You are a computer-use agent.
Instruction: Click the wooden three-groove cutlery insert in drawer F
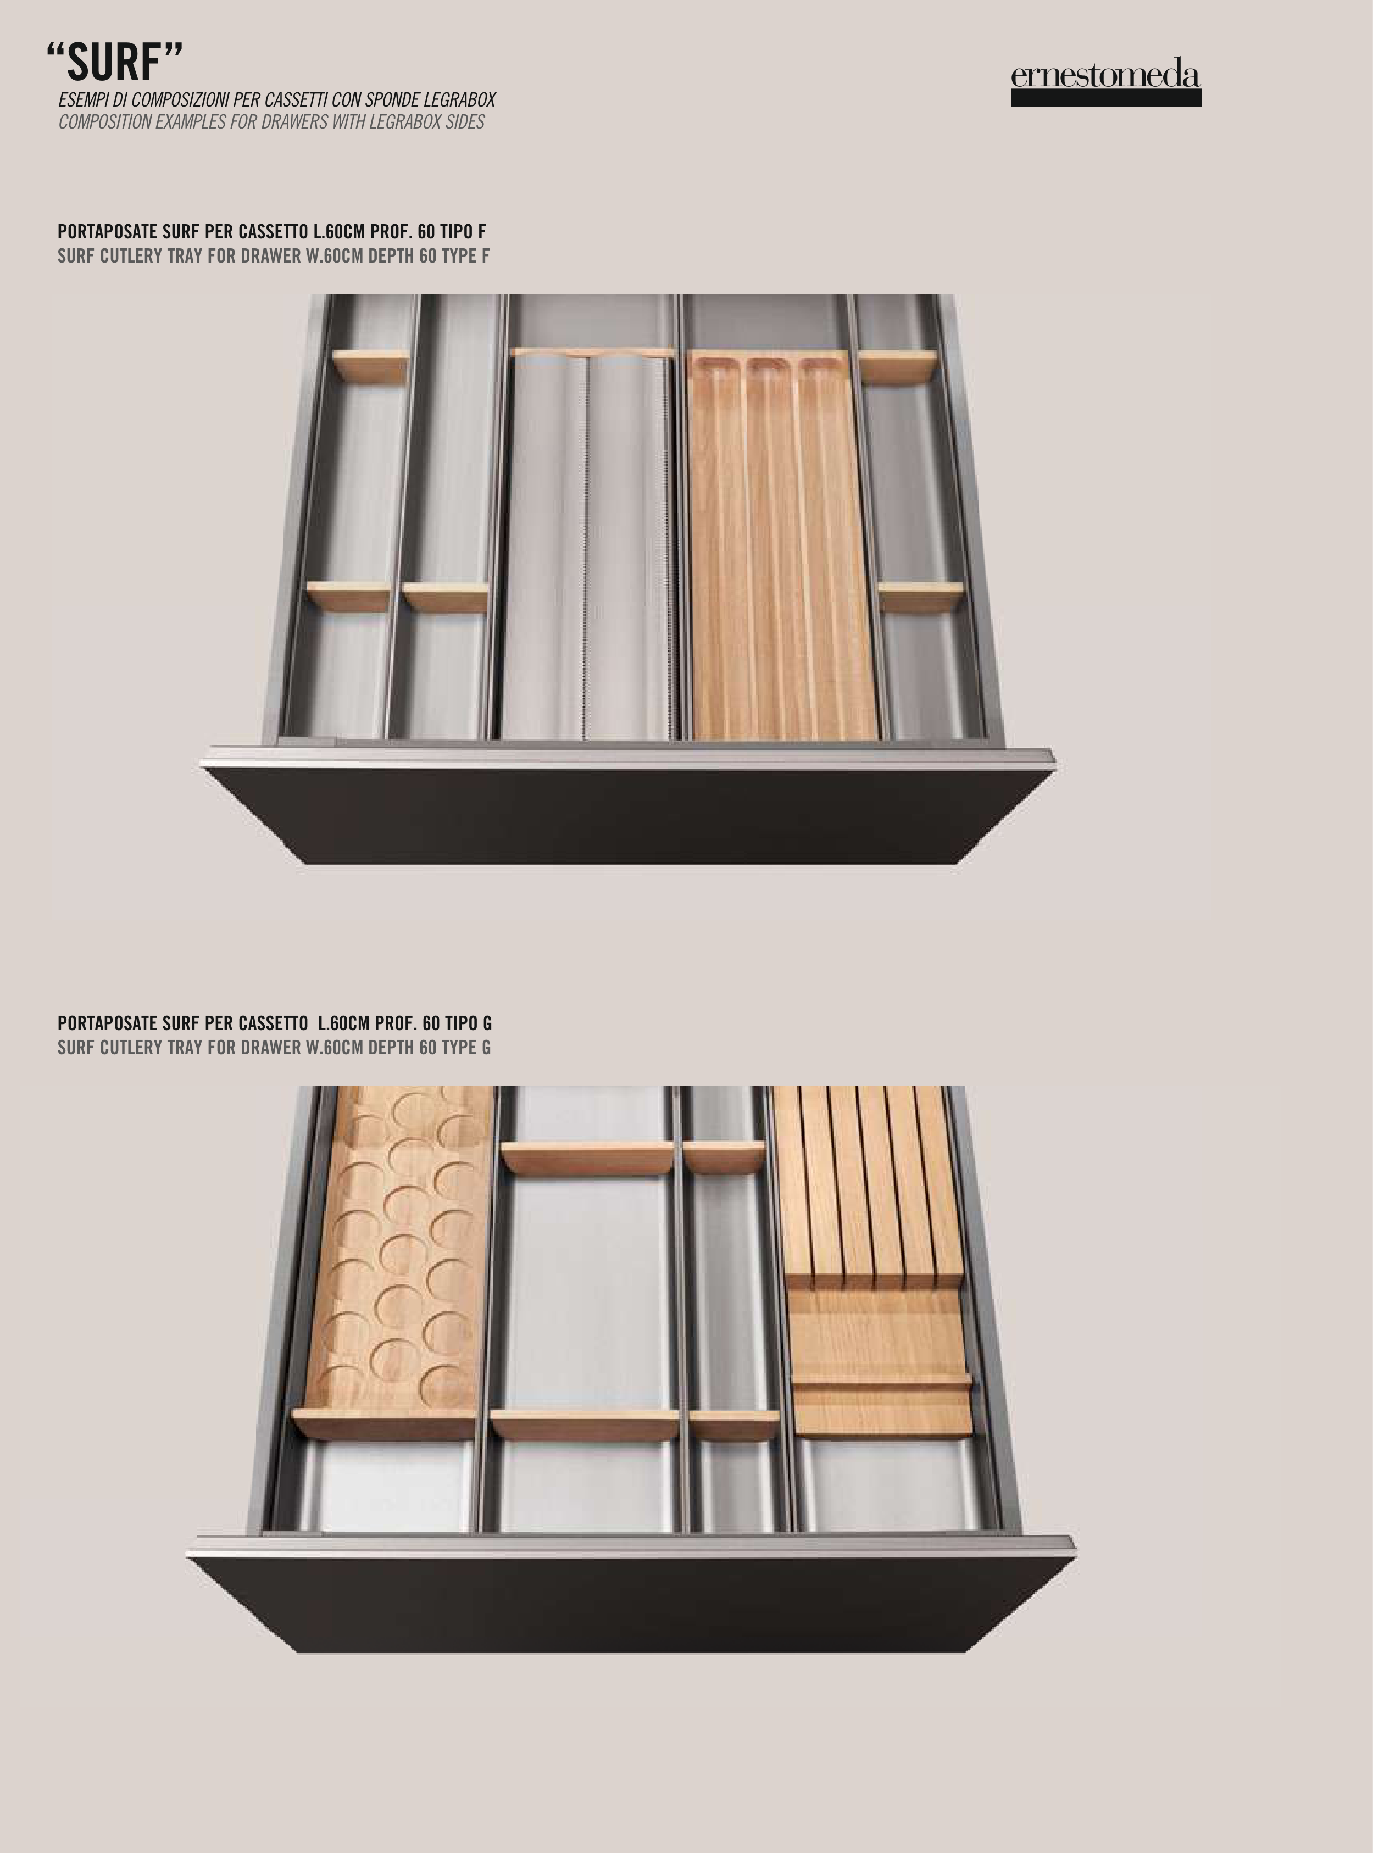(783, 544)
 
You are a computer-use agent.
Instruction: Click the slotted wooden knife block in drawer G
(872, 1259)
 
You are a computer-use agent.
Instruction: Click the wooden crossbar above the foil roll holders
(592, 352)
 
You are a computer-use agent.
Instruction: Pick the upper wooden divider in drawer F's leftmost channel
(371, 366)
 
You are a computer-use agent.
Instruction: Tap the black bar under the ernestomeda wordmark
(1106, 98)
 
